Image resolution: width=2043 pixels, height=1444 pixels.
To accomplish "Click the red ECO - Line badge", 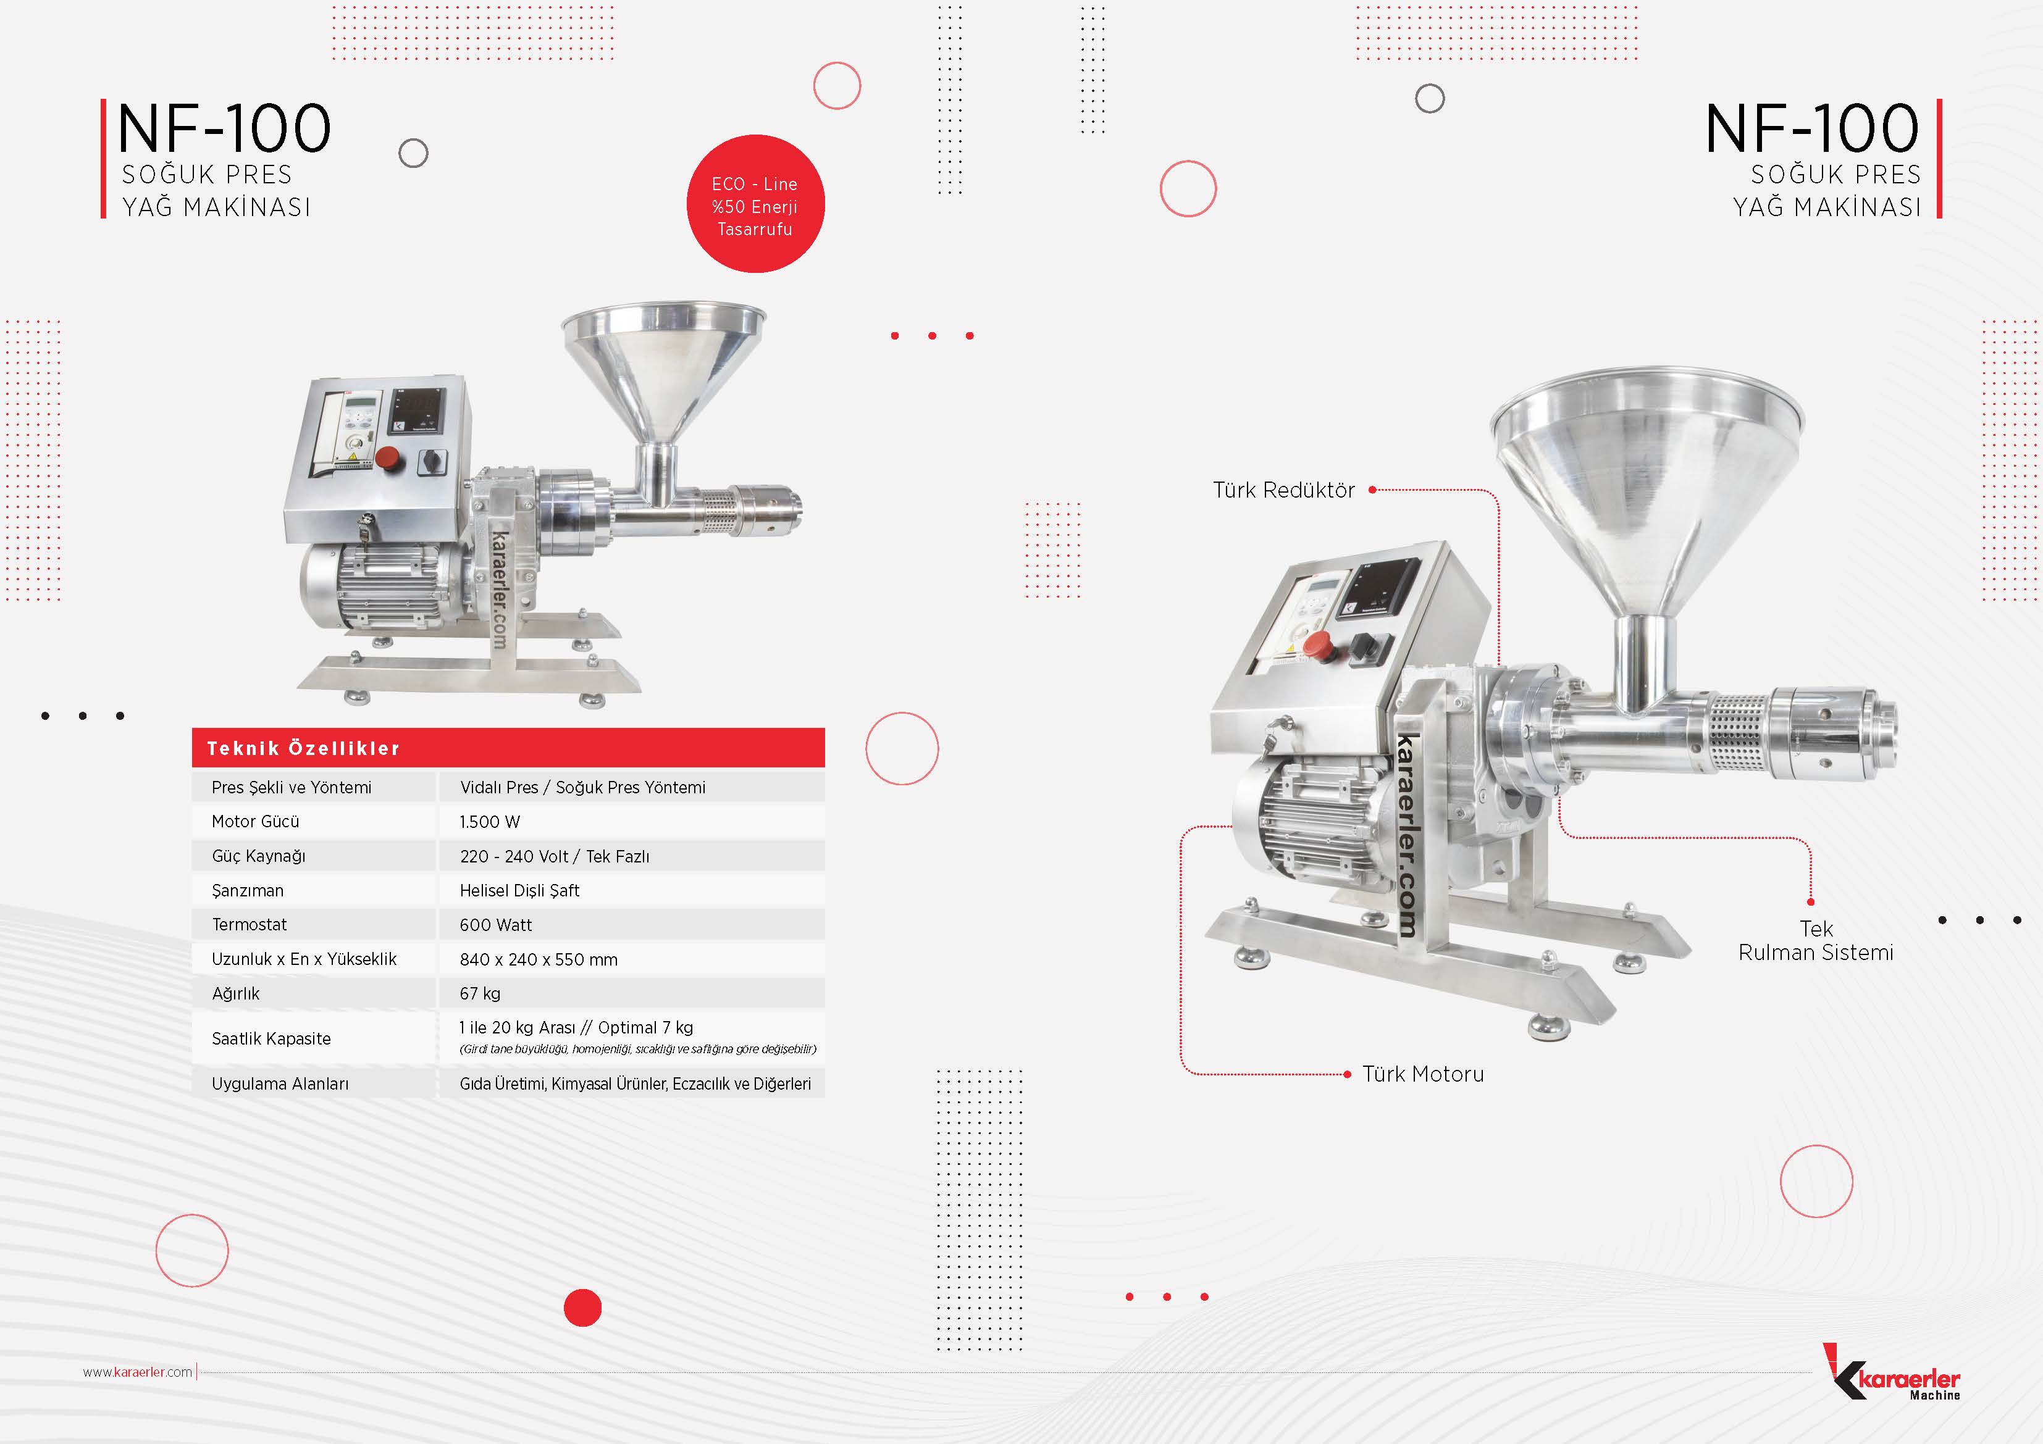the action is coord(755,204).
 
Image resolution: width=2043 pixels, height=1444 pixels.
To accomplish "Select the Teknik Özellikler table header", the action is coord(508,748).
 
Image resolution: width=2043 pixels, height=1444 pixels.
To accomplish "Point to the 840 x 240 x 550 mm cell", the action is coord(539,960).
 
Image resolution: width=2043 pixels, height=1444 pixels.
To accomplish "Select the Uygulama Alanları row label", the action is coord(280,1083).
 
